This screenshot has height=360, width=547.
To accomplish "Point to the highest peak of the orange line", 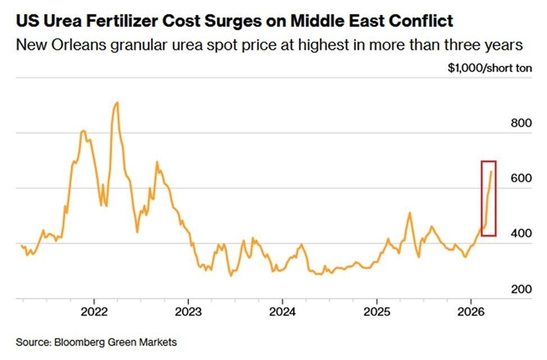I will click(117, 103).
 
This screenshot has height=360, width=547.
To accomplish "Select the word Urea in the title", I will click(59, 21).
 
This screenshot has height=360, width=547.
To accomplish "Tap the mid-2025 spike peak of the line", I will click(409, 213).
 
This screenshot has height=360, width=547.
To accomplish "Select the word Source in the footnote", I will click(30, 341).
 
